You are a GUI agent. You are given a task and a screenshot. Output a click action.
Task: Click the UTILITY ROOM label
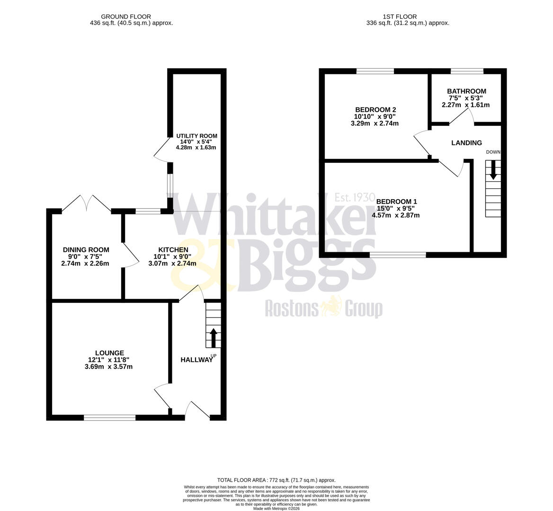coord(196,136)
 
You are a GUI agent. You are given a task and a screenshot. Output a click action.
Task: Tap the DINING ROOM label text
coord(86,250)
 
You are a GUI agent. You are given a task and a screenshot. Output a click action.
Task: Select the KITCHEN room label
coord(173,250)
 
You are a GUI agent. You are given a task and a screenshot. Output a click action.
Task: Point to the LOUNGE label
coord(109,353)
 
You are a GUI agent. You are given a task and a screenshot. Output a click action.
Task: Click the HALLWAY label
coord(196,360)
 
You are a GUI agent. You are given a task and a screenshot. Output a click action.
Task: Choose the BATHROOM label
coord(466,91)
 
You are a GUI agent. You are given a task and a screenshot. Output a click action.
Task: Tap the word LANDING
coord(466,143)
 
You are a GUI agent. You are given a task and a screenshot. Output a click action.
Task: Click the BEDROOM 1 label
coord(397,202)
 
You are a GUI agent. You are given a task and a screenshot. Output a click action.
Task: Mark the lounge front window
coord(110,417)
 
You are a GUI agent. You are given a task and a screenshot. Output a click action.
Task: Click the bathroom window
coord(467,71)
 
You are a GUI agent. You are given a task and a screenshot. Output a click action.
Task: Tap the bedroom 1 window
coord(398,255)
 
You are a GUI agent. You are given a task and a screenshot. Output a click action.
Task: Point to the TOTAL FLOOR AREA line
coord(276,480)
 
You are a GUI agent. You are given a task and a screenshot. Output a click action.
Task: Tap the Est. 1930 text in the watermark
coord(355,197)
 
